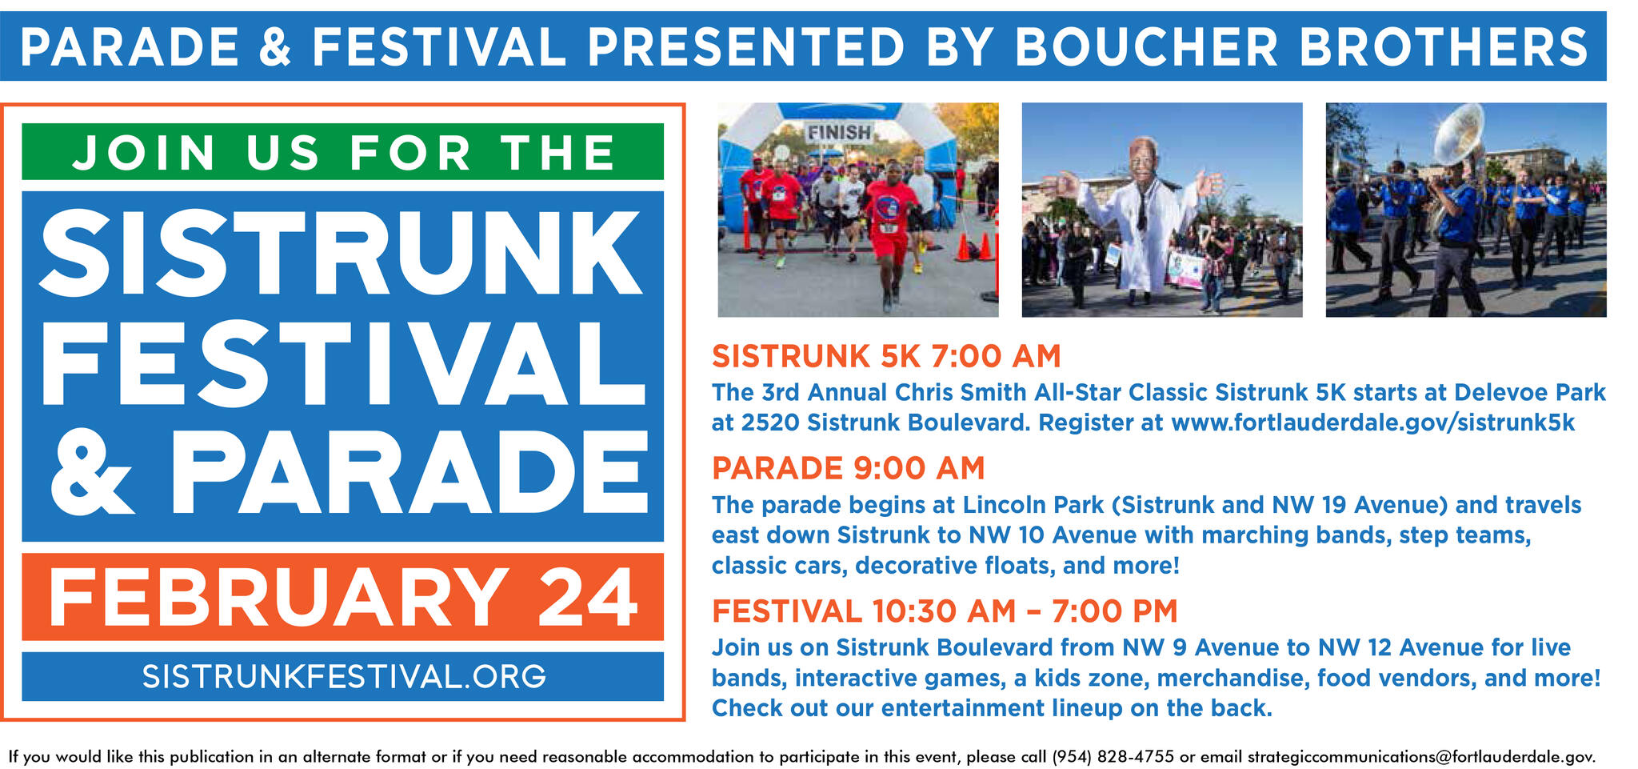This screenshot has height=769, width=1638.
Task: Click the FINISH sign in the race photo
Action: (838, 132)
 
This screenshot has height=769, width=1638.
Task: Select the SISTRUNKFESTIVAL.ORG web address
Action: (344, 677)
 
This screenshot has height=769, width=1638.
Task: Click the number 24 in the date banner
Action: (588, 598)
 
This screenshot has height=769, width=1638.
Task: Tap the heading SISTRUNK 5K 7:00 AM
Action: (886, 356)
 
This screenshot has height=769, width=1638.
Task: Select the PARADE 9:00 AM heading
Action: (848, 468)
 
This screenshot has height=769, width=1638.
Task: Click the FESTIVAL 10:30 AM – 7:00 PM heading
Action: (945, 611)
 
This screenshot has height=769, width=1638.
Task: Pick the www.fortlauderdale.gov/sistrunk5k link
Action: (1372, 423)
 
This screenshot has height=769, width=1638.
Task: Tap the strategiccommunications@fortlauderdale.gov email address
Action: (1421, 756)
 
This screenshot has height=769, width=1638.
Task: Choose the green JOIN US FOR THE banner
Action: (342, 152)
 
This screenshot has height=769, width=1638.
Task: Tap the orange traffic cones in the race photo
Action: (975, 247)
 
